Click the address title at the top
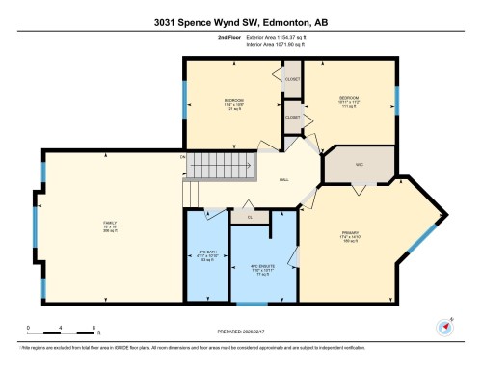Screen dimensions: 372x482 point(241,20)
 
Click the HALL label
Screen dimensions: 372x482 point(284,180)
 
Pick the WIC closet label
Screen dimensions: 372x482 point(359,165)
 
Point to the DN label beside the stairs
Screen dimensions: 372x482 point(182,156)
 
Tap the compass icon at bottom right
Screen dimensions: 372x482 point(446,325)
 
